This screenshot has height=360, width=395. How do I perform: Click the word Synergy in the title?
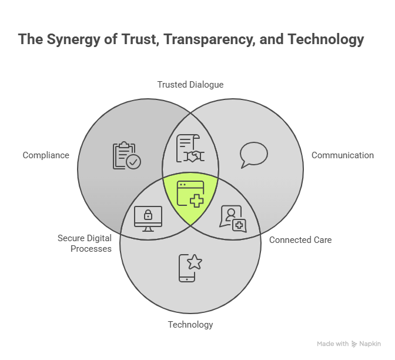(66, 39)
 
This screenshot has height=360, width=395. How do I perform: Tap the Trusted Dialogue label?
(190, 85)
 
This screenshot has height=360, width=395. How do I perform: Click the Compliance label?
(46, 155)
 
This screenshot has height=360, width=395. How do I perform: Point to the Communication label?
(342, 155)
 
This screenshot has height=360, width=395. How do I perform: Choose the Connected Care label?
(300, 240)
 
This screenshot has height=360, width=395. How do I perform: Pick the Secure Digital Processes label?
(84, 244)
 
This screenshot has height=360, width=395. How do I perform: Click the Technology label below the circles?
(190, 325)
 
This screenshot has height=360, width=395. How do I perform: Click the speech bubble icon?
(254, 155)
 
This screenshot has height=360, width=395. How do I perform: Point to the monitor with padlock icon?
(148, 218)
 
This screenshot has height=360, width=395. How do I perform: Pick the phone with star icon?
(189, 268)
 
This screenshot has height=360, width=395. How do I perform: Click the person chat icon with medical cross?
(232, 219)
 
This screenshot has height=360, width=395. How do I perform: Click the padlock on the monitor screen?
(148, 214)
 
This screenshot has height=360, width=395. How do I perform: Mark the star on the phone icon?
(194, 262)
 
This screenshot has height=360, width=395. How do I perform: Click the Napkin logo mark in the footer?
(354, 344)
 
